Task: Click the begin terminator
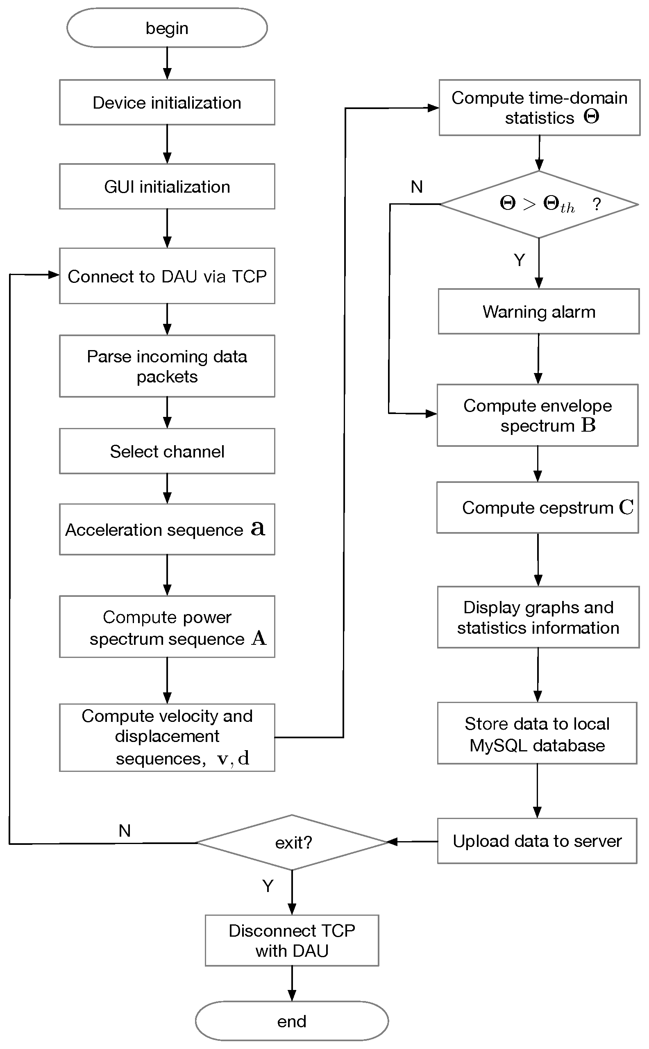(x=167, y=28)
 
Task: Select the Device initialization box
(x=167, y=102)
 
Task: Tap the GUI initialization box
(x=167, y=187)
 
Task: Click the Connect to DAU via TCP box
(x=167, y=276)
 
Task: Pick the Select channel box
(x=167, y=451)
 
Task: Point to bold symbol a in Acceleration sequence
(x=258, y=528)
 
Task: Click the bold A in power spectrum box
(x=259, y=639)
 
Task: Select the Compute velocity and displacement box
(x=167, y=737)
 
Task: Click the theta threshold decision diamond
(x=539, y=205)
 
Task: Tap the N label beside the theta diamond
(x=416, y=187)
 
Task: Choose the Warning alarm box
(x=539, y=312)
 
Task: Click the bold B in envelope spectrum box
(x=588, y=426)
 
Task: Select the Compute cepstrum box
(x=538, y=507)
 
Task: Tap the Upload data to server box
(x=537, y=841)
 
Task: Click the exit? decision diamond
(x=292, y=842)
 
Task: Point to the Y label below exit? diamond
(x=268, y=886)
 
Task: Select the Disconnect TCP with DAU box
(x=292, y=941)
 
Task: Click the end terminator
(x=292, y=1021)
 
